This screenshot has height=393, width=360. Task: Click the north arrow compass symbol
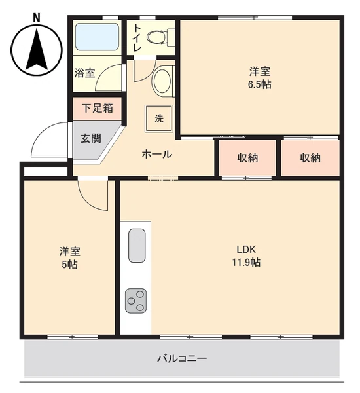37,50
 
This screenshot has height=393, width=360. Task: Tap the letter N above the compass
37,18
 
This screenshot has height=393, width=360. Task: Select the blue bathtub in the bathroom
97,37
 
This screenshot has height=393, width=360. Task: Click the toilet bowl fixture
160,37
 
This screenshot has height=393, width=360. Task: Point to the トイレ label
137,37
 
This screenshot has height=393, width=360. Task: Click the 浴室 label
84,73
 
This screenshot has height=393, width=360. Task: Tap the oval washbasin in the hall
162,81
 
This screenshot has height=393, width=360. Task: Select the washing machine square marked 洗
159,119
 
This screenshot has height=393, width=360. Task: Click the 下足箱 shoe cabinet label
98,109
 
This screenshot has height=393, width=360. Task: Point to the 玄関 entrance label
91,138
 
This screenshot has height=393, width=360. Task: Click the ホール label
157,154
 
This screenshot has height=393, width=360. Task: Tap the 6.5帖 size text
260,84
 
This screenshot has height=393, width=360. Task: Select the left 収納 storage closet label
247,158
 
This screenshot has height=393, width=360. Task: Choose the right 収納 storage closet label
310,158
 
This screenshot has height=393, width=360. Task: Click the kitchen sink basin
137,246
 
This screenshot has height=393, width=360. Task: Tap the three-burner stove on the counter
135,301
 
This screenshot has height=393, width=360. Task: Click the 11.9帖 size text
247,263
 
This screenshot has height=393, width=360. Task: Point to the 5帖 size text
69,265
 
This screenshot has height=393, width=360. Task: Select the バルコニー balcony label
182,358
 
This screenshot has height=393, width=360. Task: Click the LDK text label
246,250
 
